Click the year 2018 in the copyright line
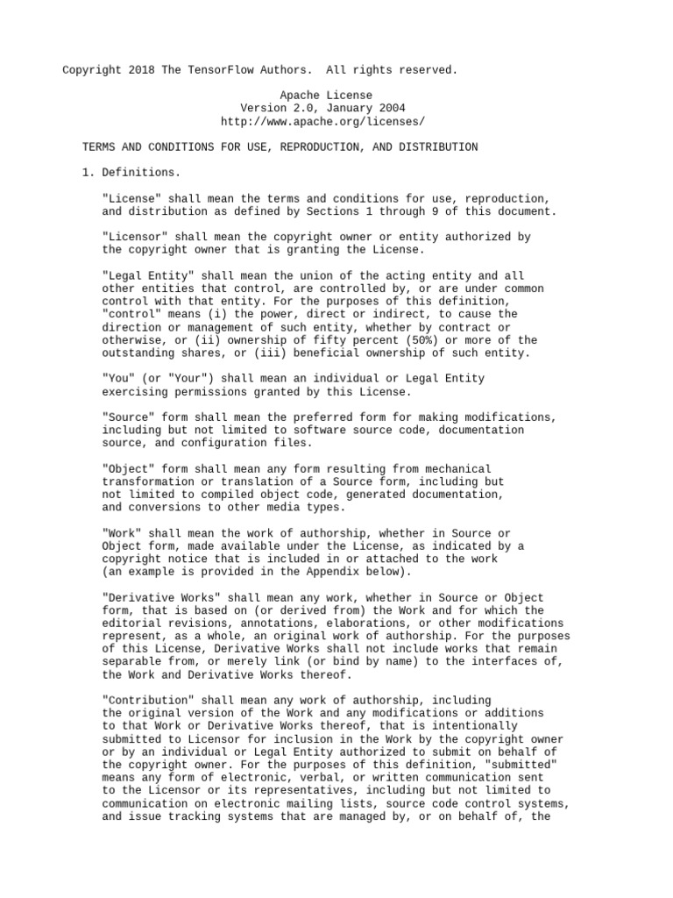coord(141,69)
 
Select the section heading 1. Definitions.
coord(131,173)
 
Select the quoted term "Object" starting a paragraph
coord(128,469)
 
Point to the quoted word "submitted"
coord(523,765)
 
